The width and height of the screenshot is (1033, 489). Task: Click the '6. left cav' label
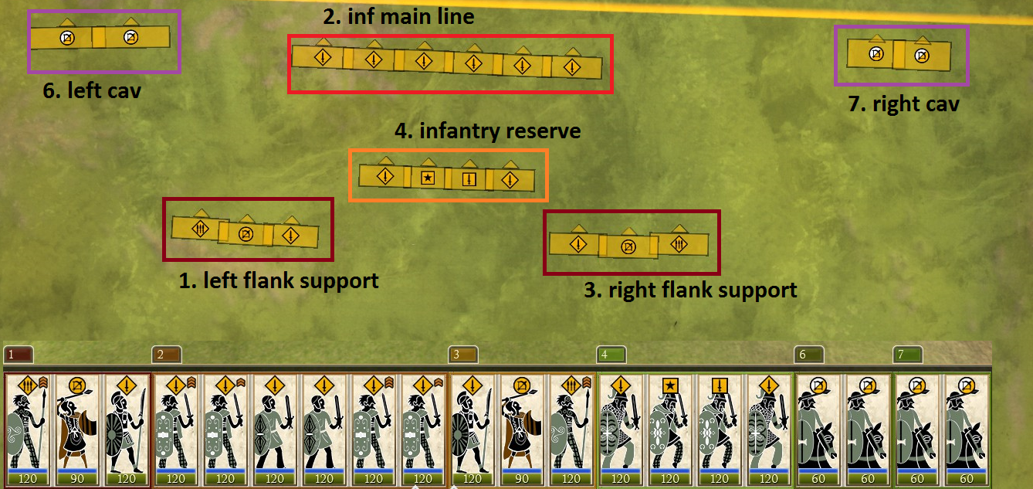click(92, 90)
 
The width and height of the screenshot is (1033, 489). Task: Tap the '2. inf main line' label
click(398, 16)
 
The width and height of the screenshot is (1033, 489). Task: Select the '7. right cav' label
click(904, 104)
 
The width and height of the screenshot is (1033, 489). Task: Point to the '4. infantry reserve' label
click(487, 131)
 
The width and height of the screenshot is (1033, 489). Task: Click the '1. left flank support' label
click(279, 280)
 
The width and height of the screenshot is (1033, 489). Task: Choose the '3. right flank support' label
click(690, 290)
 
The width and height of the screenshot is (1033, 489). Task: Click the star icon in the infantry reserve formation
click(428, 178)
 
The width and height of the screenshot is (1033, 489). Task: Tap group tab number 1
click(18, 355)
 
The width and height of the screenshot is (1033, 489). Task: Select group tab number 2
click(167, 355)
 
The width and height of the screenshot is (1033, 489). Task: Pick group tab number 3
click(463, 355)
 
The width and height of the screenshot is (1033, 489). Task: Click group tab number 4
click(611, 355)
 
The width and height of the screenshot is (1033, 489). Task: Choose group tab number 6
click(809, 355)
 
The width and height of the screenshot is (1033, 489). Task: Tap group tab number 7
click(908, 355)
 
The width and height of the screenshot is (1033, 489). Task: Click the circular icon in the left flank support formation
click(246, 234)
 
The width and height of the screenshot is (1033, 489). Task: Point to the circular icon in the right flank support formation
click(628, 246)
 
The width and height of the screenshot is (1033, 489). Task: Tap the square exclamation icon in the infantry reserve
click(469, 179)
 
